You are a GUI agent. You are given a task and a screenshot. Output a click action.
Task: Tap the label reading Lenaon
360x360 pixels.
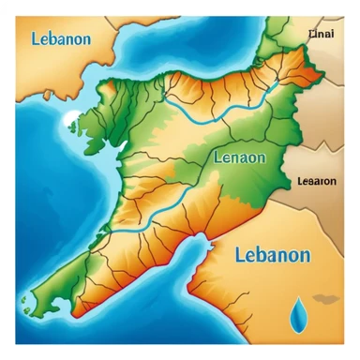point(241,157)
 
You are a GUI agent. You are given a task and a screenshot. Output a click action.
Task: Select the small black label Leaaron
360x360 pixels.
point(316,181)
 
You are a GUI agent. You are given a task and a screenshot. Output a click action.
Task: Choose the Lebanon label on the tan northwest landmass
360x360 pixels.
point(60,39)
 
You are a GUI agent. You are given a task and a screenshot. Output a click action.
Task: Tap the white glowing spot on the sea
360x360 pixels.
point(73,119)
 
